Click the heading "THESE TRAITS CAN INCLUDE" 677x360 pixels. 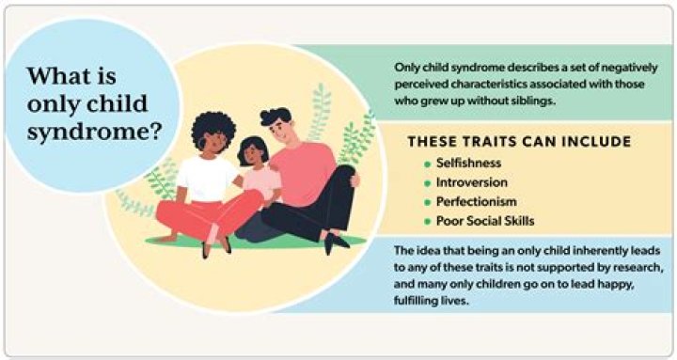pyautogui.click(x=519, y=142)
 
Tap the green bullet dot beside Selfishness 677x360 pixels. pyautogui.click(x=427, y=164)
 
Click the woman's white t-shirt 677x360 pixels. pyautogui.click(x=209, y=178)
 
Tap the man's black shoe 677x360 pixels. pyautogui.click(x=334, y=242)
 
